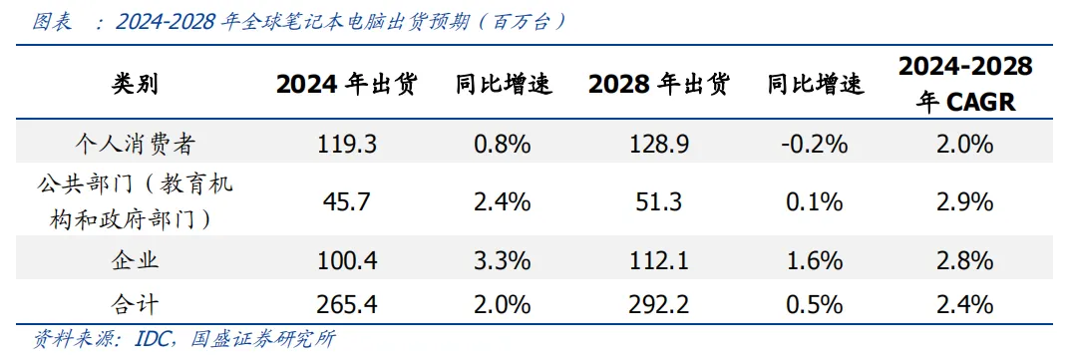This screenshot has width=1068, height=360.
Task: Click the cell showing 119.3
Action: pos(346,145)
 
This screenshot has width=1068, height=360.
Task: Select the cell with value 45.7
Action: pos(346,202)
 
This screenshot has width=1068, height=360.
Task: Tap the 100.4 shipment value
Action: pos(346,261)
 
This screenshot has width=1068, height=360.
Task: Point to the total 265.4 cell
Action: pos(346,303)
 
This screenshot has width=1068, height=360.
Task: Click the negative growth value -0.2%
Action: pos(815,145)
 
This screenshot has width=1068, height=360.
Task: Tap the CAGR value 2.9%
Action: pos(965,202)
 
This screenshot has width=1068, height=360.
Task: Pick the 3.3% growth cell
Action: pos(503,261)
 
